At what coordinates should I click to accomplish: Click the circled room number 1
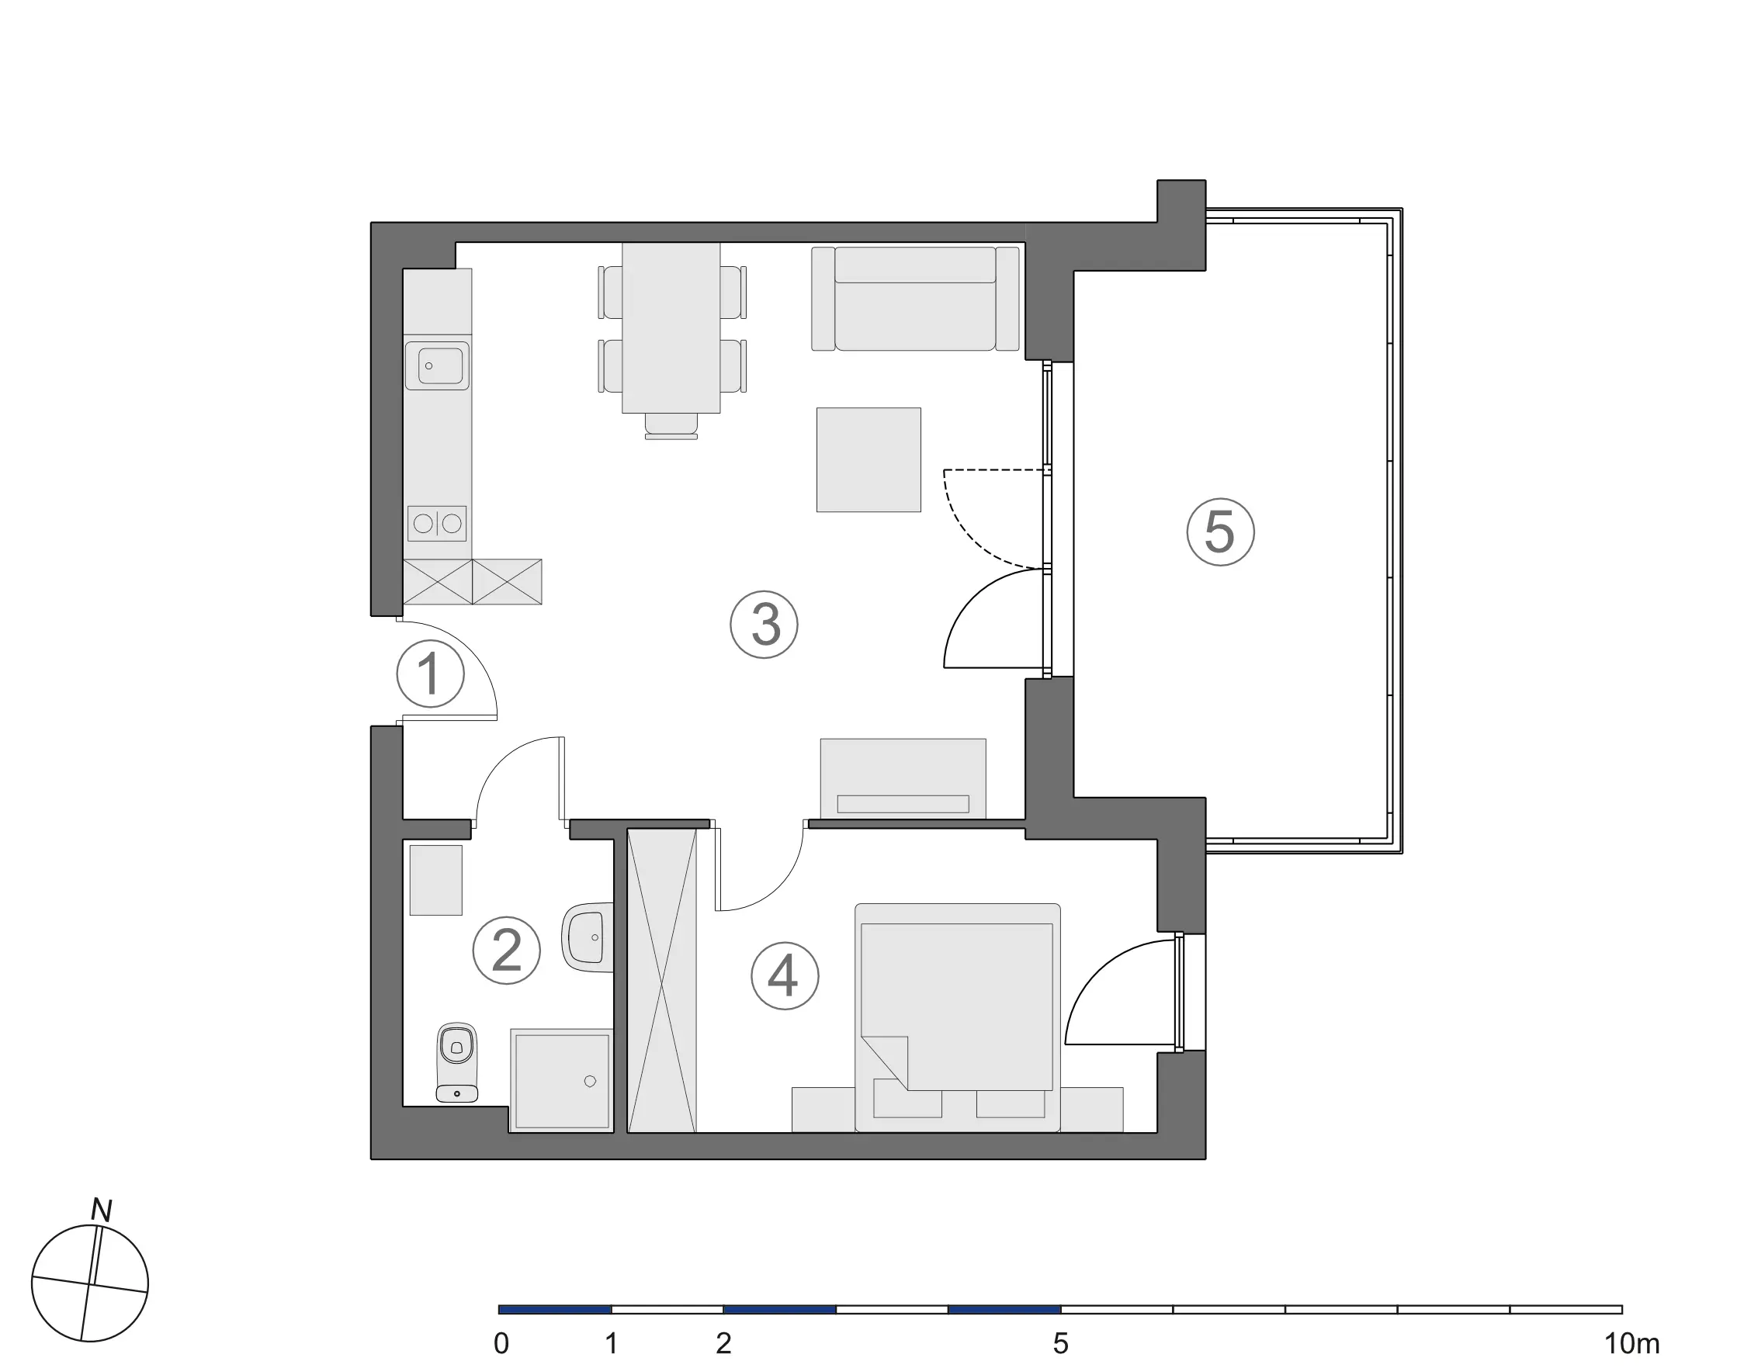(x=430, y=674)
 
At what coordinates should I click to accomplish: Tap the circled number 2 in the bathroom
(x=506, y=951)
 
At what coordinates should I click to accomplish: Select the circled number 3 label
(x=765, y=625)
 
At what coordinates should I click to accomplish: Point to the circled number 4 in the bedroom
(x=784, y=975)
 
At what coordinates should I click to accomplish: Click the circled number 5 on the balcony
(x=1220, y=532)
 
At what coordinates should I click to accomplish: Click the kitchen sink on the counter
(x=437, y=366)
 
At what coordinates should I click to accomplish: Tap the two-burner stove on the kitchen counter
(x=437, y=524)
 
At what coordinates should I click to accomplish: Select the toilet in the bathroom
(x=456, y=1062)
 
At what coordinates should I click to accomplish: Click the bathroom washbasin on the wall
(x=589, y=937)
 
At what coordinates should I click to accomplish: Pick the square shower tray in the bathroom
(x=562, y=1080)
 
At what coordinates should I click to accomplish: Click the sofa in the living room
(x=915, y=299)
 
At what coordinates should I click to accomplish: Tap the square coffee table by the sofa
(x=869, y=459)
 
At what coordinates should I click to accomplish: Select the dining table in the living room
(x=671, y=327)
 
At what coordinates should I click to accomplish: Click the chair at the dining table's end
(x=671, y=426)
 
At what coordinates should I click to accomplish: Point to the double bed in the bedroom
(x=957, y=1017)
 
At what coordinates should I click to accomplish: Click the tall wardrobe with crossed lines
(x=662, y=980)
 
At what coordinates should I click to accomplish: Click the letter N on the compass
(x=101, y=1210)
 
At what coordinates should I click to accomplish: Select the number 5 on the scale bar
(x=1061, y=1343)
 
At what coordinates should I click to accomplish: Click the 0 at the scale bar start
(x=501, y=1343)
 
